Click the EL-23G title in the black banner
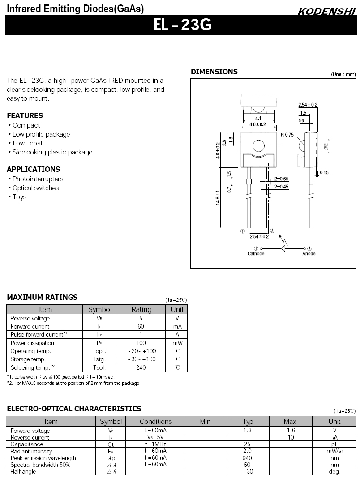[182, 25]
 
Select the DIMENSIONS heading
[214, 72]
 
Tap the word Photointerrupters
[38, 179]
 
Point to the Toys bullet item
[19, 197]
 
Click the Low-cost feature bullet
[27, 143]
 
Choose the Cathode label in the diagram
[256, 254]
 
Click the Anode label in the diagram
[309, 254]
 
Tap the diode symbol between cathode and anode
[283, 248]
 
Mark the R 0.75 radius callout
[287, 135]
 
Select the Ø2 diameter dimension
[326, 145]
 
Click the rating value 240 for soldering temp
[141, 367]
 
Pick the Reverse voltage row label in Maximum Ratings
[30, 318]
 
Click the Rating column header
[141, 309]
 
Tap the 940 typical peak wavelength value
[247, 458]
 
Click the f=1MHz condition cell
[155, 444]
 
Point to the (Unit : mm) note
[343, 74]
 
